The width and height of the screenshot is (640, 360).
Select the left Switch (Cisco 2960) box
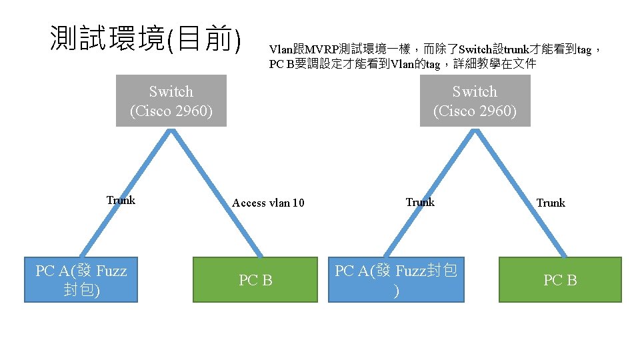coord(171,101)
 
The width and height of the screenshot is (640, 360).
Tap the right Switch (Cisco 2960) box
coord(475,101)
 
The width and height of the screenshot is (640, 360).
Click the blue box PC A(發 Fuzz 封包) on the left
coord(81,280)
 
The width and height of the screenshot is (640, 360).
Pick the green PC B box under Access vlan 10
coord(256,280)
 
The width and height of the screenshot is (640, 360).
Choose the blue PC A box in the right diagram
coord(397,280)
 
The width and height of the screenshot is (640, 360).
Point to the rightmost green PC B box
coord(560,280)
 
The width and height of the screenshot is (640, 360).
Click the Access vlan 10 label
coord(268,203)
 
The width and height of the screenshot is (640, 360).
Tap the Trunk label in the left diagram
coord(121,200)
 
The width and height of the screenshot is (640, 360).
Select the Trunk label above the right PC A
coord(420,202)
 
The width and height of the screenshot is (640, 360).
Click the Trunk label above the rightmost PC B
coord(551,203)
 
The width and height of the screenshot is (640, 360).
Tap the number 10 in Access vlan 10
coord(298,203)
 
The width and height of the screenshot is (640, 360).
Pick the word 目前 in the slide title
coord(206,39)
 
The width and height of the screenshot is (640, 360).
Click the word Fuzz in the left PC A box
coord(111,271)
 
